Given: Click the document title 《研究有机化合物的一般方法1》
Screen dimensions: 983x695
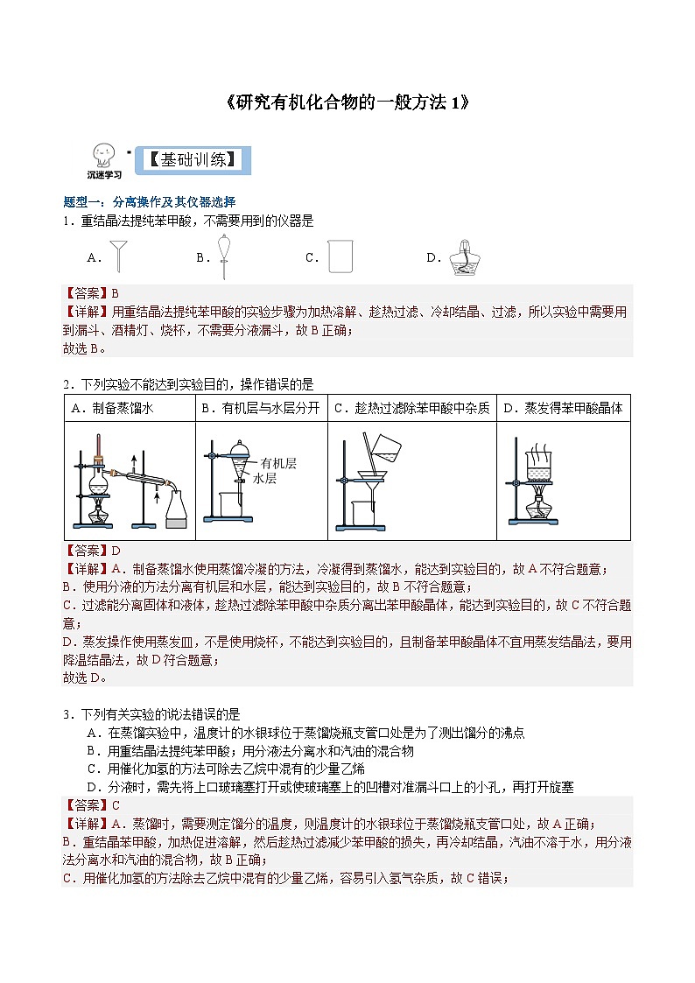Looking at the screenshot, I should coord(347,102).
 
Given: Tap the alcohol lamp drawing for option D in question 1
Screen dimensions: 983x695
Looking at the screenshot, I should coord(463,257).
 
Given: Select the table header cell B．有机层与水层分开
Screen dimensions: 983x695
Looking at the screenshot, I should coord(261,408).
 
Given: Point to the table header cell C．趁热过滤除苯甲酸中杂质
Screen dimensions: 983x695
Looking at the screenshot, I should coord(411,408).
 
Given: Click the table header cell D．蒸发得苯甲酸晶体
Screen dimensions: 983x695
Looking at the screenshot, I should coord(563,408).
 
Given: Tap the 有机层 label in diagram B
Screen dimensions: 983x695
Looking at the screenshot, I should coord(278,464).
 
